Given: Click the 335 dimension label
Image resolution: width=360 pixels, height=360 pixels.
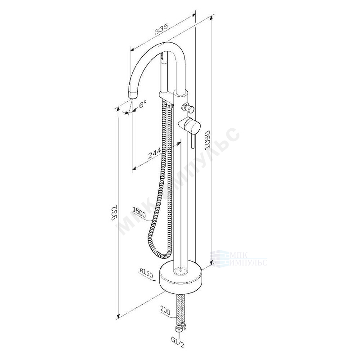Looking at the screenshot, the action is pyautogui.click(x=162, y=29).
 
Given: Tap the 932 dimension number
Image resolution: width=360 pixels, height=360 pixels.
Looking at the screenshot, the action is pyautogui.click(x=115, y=212).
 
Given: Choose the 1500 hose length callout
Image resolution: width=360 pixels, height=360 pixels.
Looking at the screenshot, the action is pyautogui.click(x=139, y=211).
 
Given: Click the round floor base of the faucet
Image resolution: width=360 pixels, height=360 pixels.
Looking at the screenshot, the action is pyautogui.click(x=181, y=277).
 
